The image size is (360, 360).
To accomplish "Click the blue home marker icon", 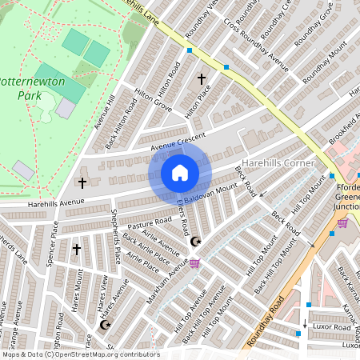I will pos(180,172).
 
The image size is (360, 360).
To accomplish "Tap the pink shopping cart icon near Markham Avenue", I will pos(194,262).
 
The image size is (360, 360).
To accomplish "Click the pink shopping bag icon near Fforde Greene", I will pos(342,223).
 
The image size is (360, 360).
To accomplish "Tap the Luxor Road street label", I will pos(331,327).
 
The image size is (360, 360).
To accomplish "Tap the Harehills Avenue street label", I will pos(55,202).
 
